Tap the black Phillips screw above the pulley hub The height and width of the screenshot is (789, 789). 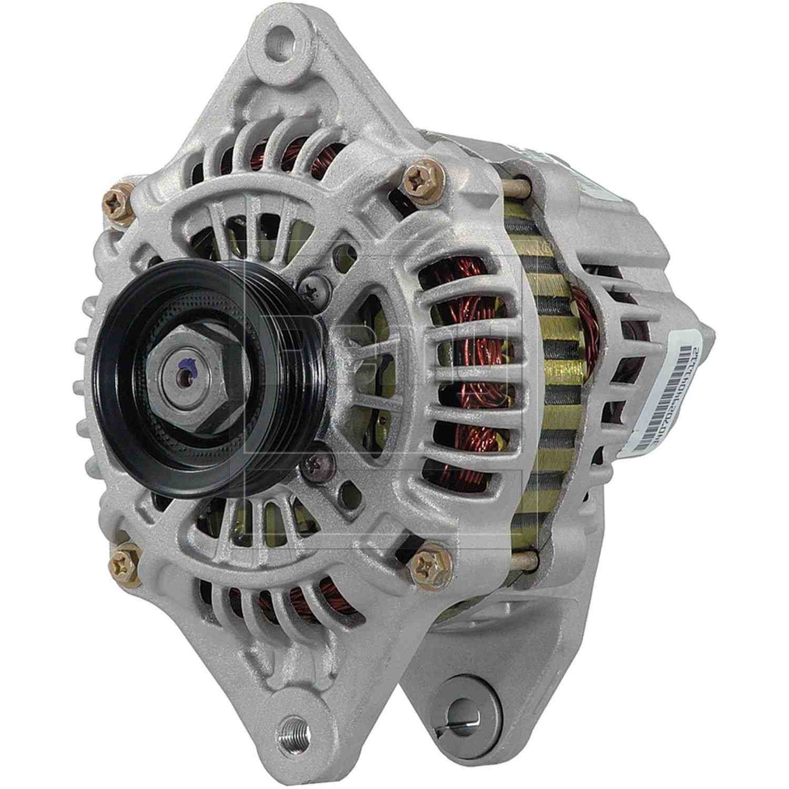point(314,287)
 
